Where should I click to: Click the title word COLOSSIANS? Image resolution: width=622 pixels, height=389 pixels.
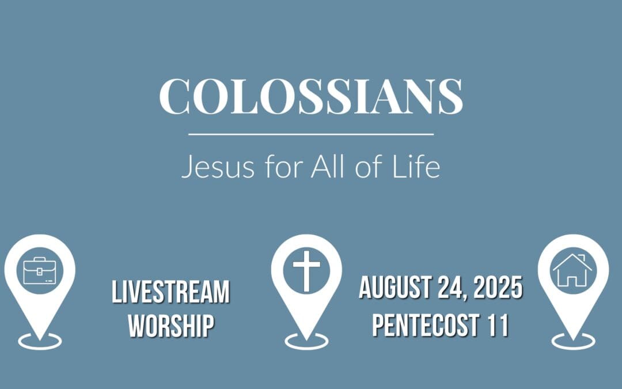[x=311, y=96]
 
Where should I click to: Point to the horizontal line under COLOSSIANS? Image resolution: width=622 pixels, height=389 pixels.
[x=311, y=134]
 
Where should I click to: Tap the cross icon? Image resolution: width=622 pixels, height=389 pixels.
[x=306, y=270]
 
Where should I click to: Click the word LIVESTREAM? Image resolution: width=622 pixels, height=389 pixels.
[x=170, y=293]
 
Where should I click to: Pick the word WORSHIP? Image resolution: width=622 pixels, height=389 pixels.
[x=171, y=326]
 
